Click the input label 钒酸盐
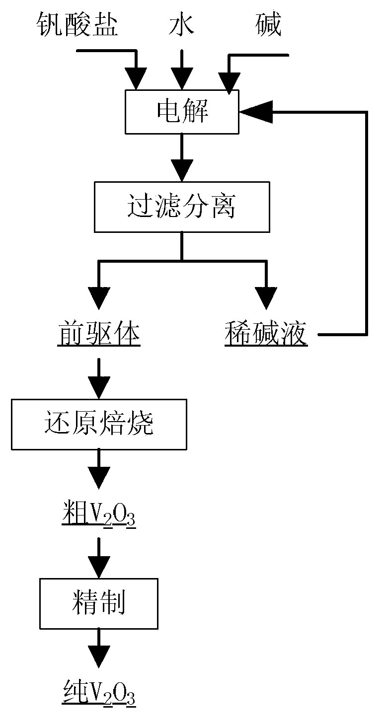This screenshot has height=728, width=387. click(78, 25)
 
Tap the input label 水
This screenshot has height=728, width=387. click(182, 25)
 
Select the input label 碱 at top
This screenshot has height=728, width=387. click(268, 25)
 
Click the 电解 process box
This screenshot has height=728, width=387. click(182, 112)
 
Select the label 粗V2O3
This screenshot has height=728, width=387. click(99, 516)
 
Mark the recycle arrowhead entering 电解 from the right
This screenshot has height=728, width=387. click(256, 112)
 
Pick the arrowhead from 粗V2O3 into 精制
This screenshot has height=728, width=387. click(99, 566)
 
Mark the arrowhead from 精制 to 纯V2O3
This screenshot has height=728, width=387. click(99, 655)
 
